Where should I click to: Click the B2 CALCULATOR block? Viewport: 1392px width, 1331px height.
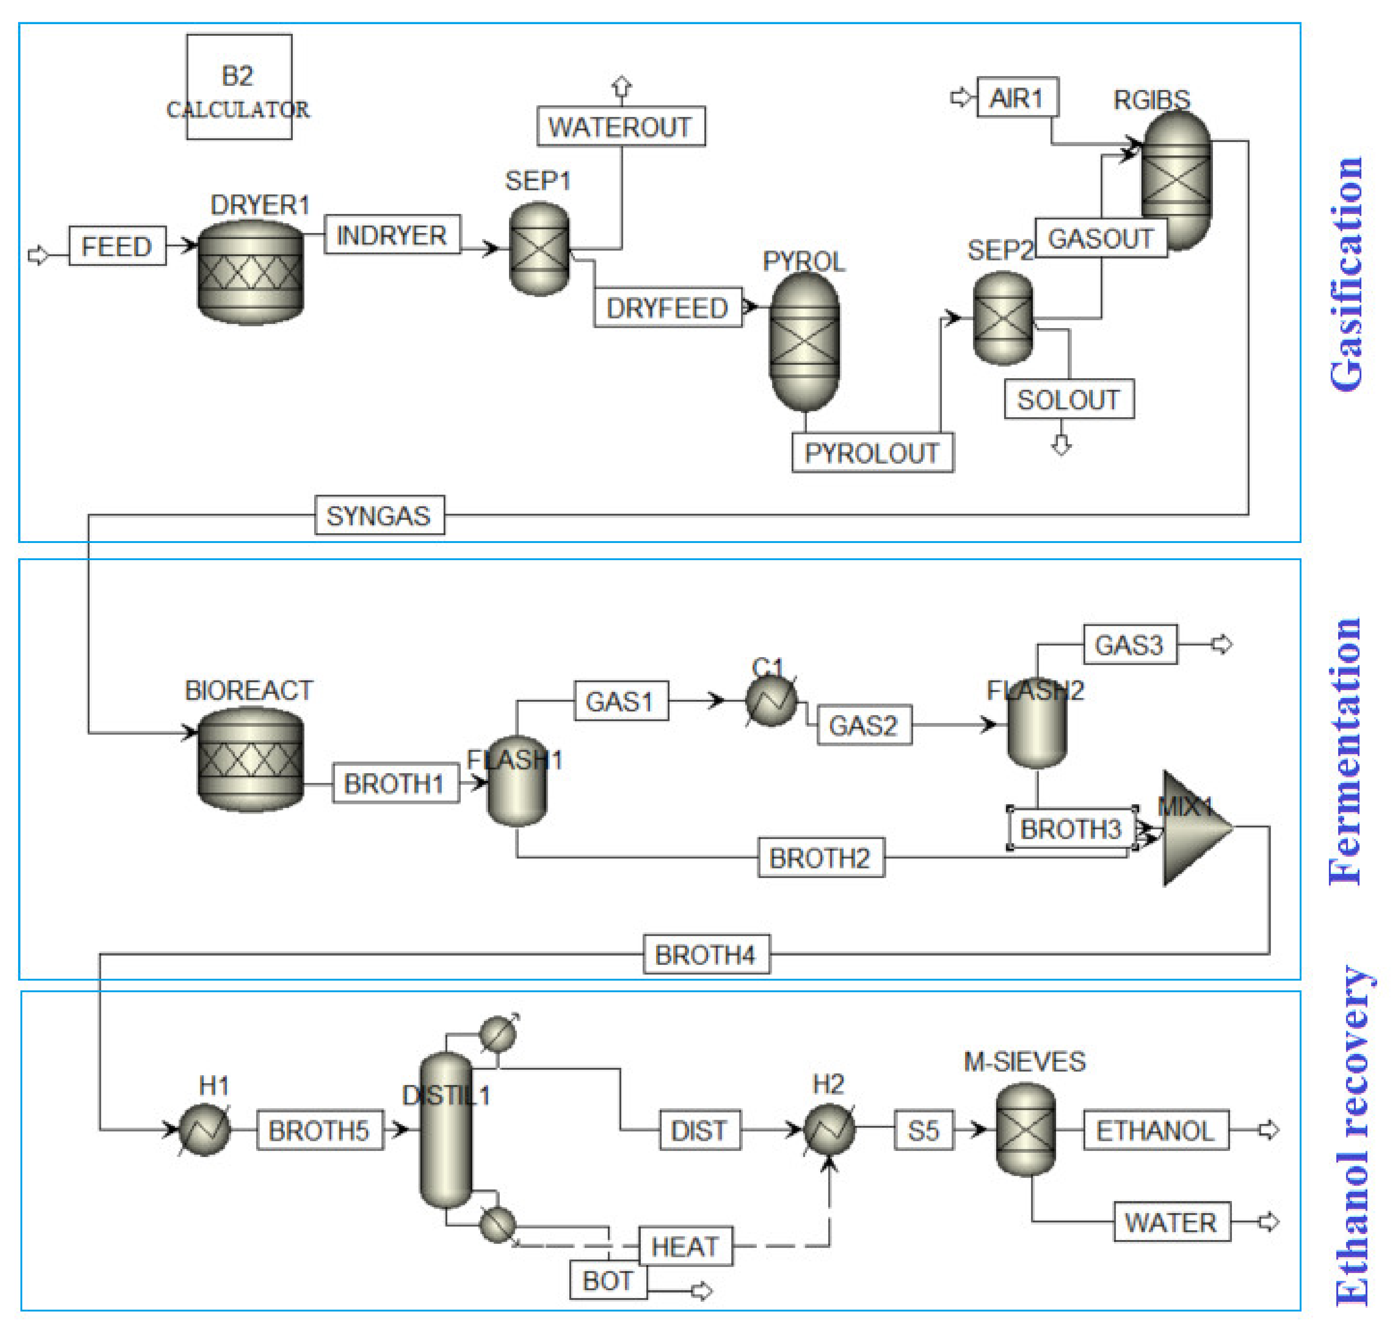[x=239, y=87]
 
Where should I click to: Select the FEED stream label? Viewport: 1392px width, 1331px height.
[x=117, y=246]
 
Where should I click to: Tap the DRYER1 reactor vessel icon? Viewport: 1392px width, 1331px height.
[x=251, y=272]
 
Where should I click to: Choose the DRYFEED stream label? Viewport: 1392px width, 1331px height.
[x=667, y=308]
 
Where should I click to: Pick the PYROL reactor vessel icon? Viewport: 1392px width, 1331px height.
[x=805, y=342]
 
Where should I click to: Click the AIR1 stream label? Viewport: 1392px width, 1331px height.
[x=1017, y=98]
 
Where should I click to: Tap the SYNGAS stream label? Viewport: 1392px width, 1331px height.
[x=379, y=516]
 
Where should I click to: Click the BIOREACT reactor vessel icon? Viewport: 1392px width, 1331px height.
[x=251, y=759]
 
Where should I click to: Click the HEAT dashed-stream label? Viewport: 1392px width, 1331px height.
[x=685, y=1247]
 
